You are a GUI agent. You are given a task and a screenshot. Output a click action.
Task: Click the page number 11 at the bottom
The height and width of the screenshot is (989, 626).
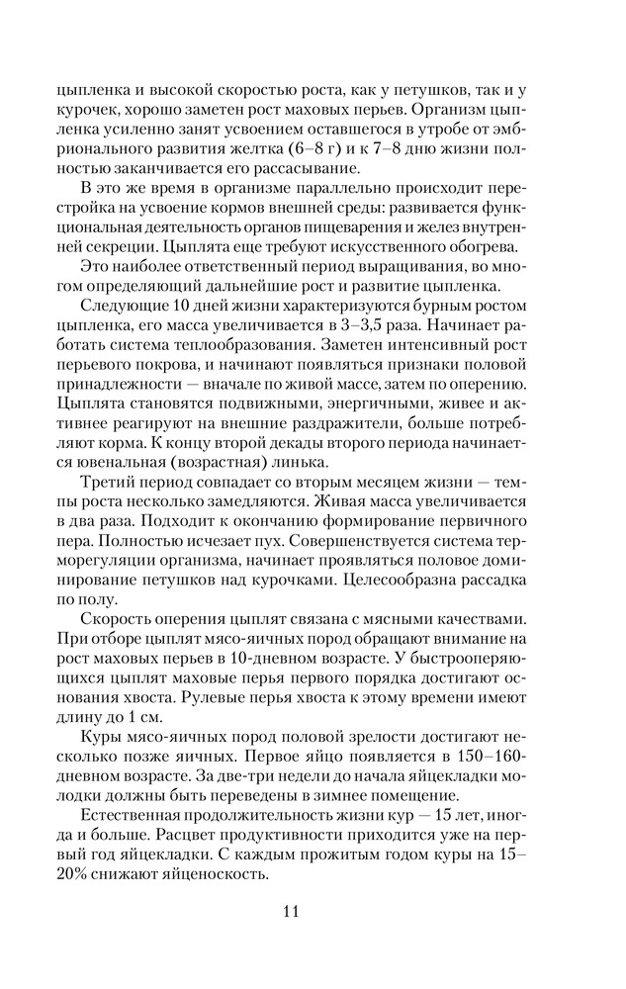pos(312,910)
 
